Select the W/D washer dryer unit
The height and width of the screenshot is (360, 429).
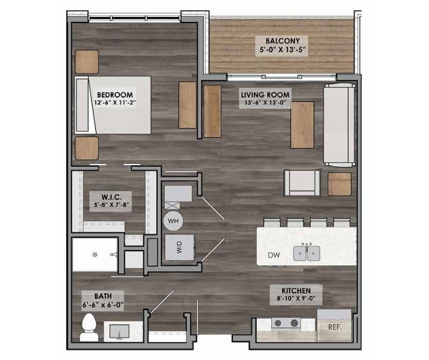[x=180, y=248]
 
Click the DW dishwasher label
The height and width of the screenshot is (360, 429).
[x=274, y=256]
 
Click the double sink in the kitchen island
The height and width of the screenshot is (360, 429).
[x=307, y=253]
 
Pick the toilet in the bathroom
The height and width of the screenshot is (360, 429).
[x=89, y=327]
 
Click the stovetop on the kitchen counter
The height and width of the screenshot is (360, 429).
[x=286, y=323]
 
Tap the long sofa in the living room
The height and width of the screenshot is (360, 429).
[x=339, y=125]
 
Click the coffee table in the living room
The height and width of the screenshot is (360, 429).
[x=302, y=125]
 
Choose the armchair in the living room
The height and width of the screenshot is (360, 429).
[x=302, y=183]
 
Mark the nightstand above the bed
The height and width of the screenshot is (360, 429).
[x=87, y=61]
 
